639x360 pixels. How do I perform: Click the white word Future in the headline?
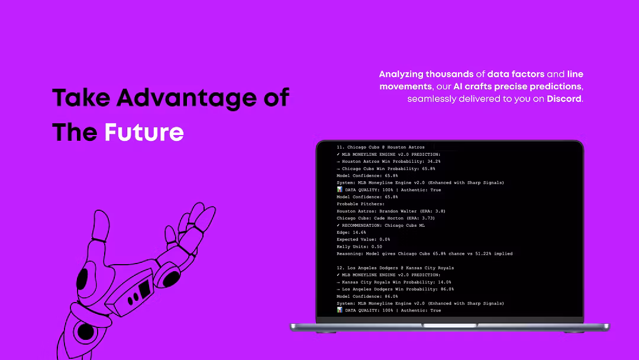(x=144, y=132)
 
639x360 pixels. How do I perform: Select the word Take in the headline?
(x=81, y=98)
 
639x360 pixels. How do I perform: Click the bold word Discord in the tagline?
(x=564, y=99)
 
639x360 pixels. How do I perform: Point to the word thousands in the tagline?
(x=450, y=74)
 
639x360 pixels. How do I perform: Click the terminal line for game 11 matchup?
(x=380, y=147)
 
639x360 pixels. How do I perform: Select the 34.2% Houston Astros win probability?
(x=434, y=162)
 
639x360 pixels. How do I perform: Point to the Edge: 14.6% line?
(x=351, y=232)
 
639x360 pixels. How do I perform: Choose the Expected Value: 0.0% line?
(x=363, y=239)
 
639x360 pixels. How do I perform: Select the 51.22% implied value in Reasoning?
(x=483, y=253)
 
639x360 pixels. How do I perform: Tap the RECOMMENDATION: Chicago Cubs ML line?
(x=380, y=226)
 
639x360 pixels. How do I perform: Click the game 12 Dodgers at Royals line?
(x=395, y=268)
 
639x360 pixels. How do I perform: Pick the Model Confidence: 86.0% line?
(x=367, y=297)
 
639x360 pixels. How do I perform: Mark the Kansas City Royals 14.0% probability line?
(x=393, y=282)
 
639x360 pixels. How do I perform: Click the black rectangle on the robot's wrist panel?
(x=144, y=289)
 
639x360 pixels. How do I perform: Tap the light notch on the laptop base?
(x=450, y=325)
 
